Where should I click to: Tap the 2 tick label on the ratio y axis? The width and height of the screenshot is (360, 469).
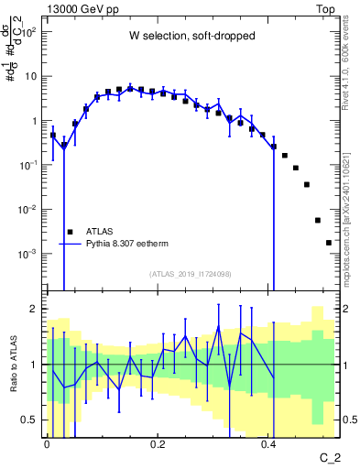click(34, 309)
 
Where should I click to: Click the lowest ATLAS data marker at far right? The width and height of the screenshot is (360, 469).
click(329, 243)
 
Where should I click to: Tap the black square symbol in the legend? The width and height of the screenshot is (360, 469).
click(70, 232)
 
